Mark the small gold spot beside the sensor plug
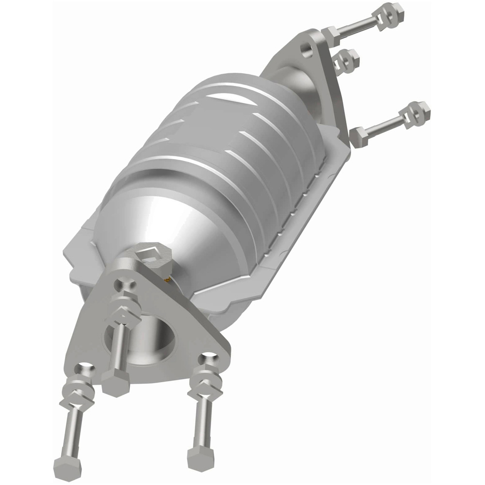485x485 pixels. tap(167, 280)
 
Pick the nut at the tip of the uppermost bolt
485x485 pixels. tap(391, 11)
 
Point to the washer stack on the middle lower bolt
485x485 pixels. tap(127, 303)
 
